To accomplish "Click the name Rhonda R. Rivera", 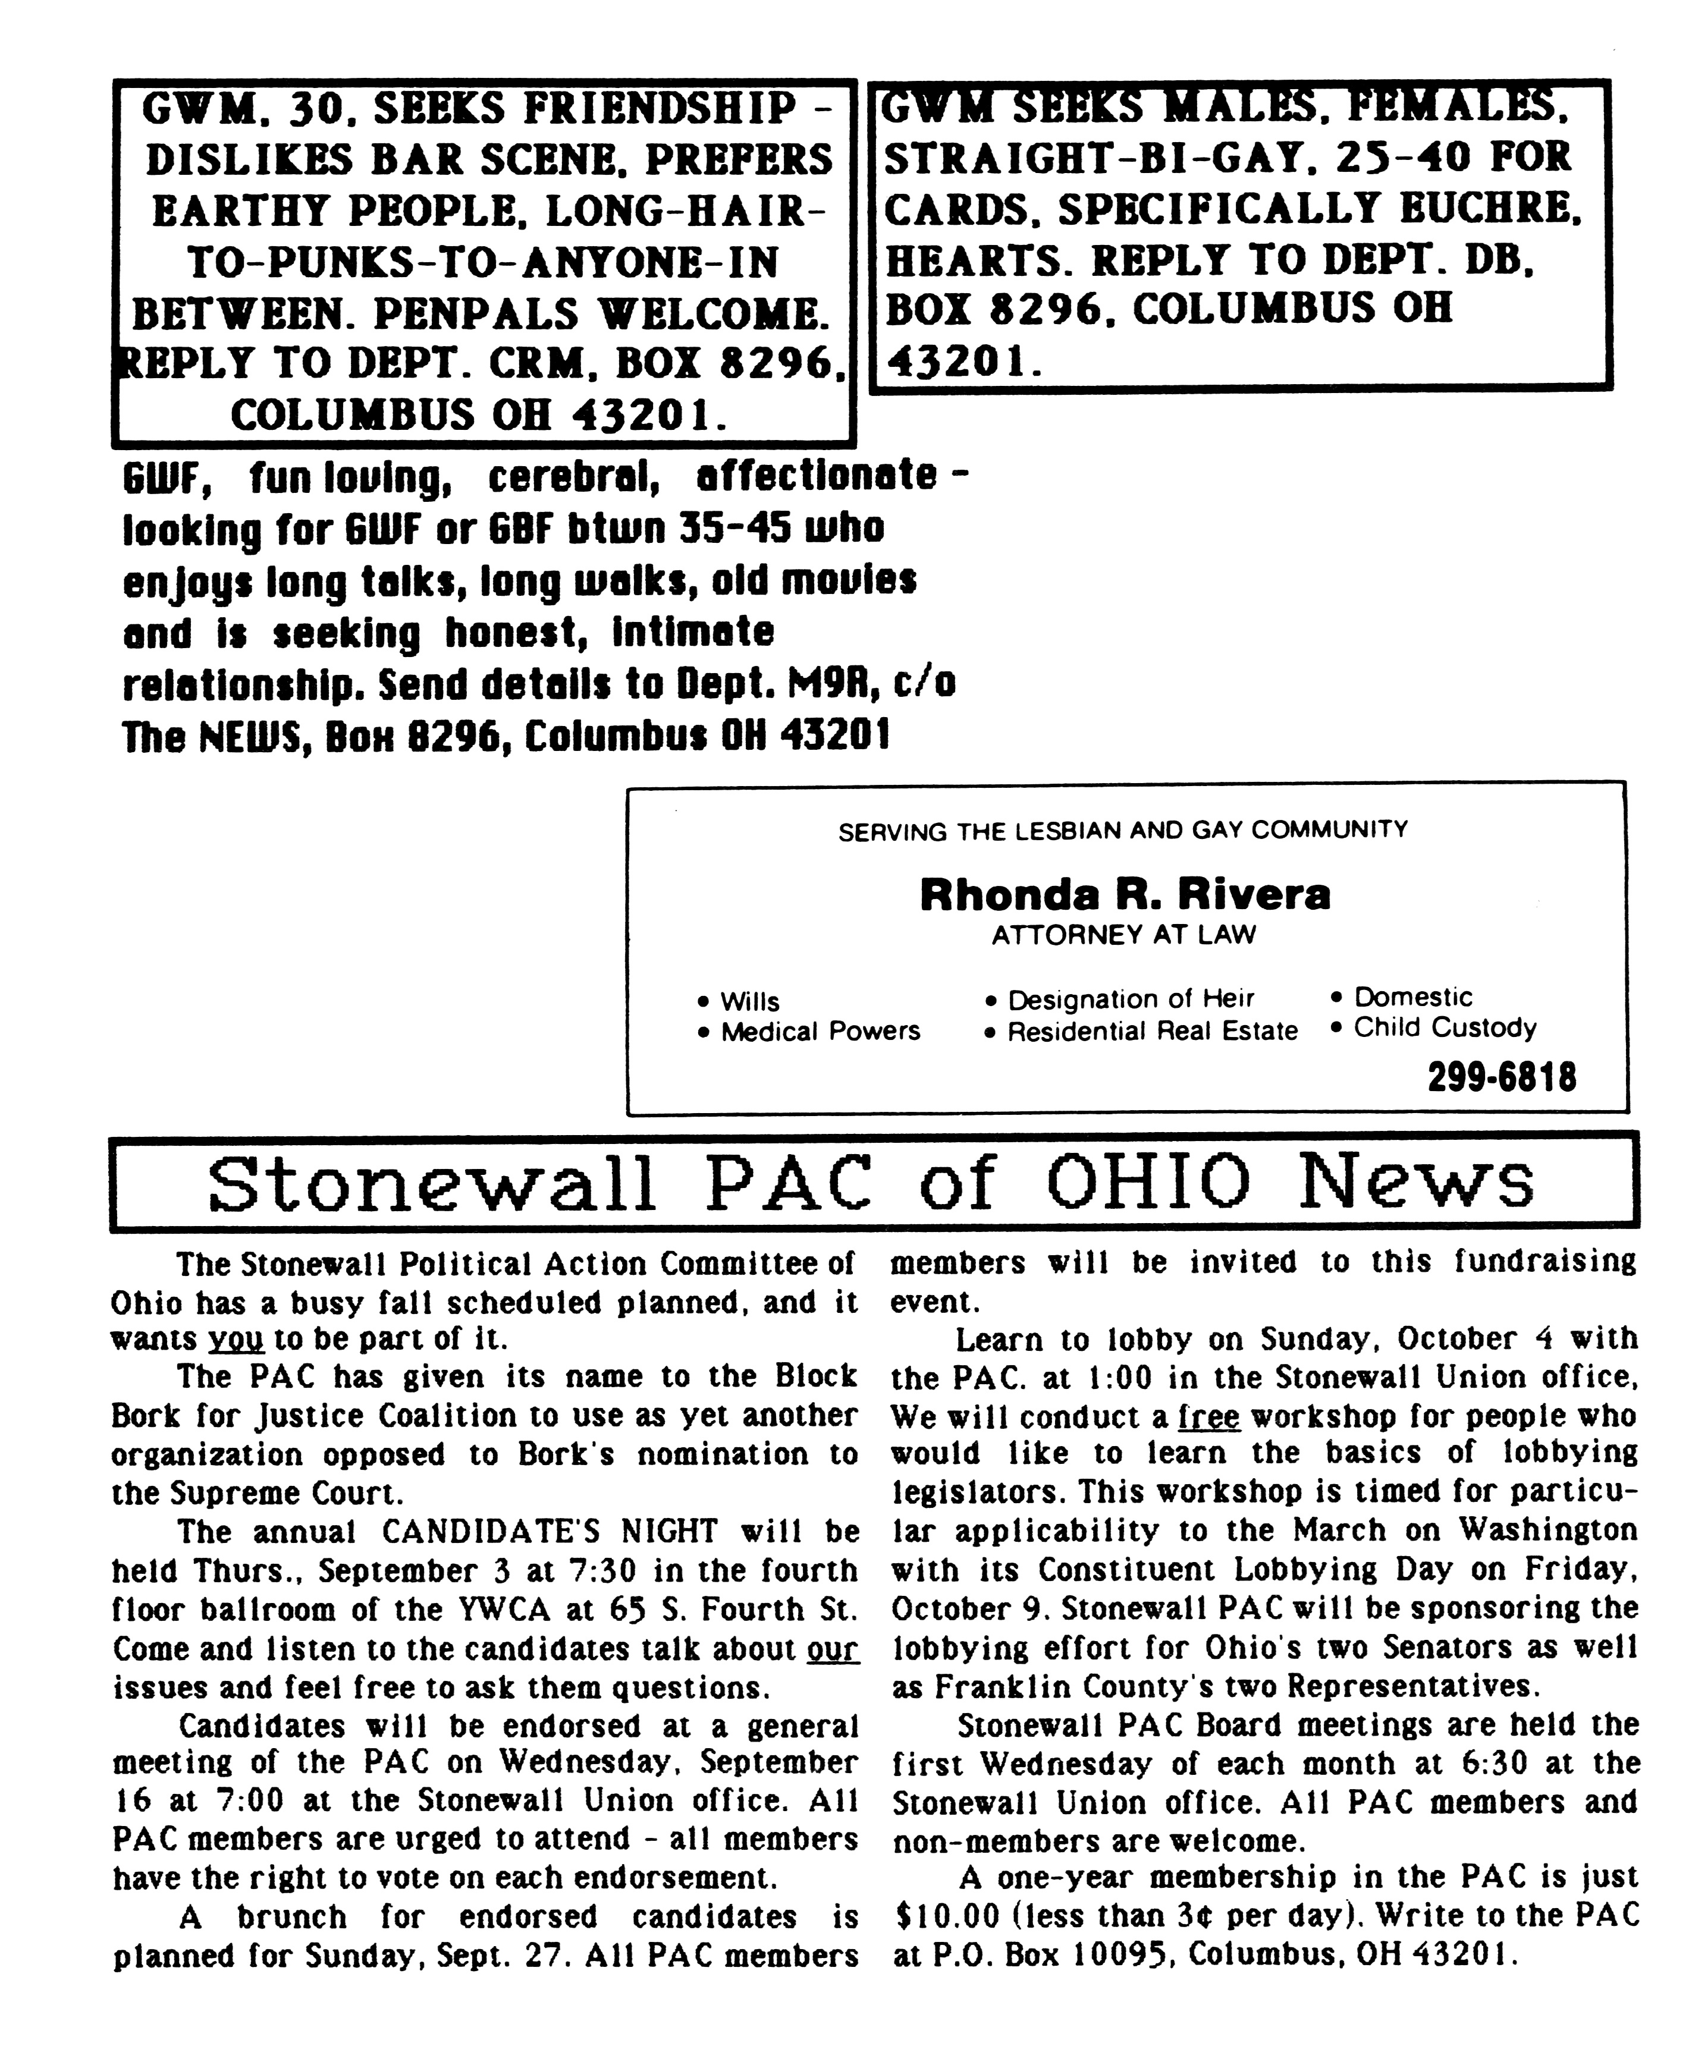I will (1124, 894).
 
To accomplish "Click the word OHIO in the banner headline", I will (1148, 1182).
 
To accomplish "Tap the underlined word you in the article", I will (237, 1340).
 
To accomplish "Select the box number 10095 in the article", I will (1118, 1955).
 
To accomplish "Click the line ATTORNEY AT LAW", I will (1124, 935).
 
